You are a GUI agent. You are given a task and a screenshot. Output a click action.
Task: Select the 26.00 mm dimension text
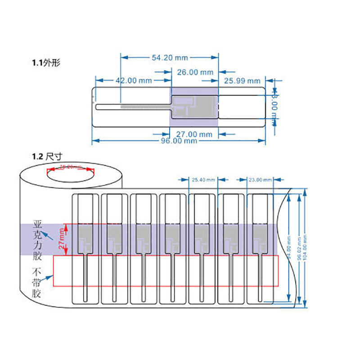click(194, 72)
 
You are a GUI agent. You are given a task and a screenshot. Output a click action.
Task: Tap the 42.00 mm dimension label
click(134, 81)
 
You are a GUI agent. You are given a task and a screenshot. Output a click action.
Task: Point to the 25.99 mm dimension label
click(242, 81)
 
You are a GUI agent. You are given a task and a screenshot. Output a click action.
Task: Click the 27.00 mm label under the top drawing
click(193, 134)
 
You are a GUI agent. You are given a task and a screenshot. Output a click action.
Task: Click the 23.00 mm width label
click(260, 180)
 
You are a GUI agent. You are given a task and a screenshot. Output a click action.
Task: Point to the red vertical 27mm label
click(62, 238)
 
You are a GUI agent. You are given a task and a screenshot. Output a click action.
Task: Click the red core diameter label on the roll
click(71, 167)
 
